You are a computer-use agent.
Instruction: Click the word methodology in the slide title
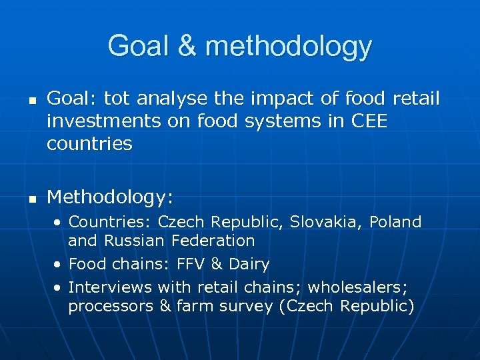289,47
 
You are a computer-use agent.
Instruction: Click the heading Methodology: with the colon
110,197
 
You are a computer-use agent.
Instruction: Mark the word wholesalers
363,287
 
